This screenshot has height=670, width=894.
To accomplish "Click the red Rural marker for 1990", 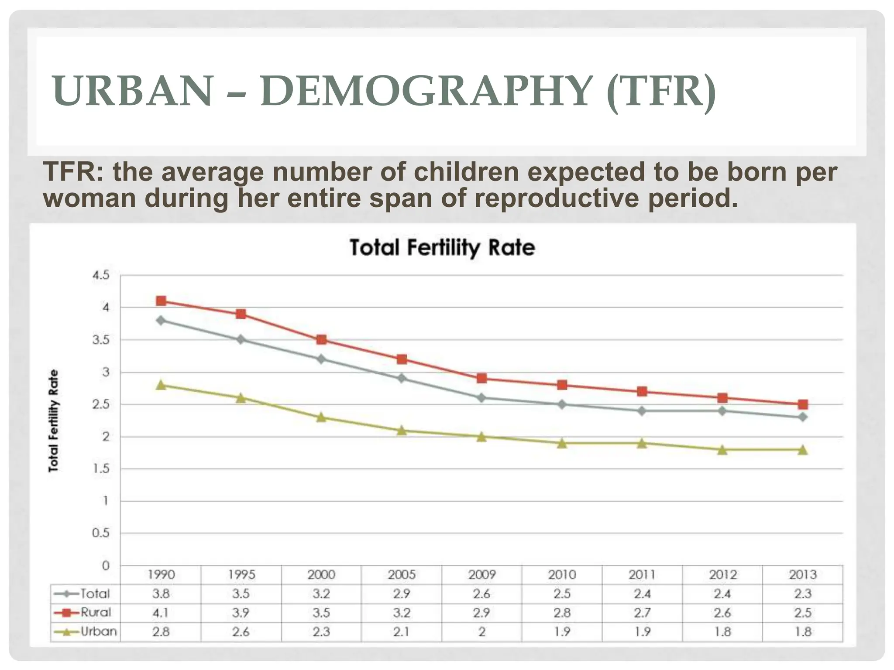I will [x=161, y=301].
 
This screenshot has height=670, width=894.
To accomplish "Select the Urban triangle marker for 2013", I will [x=802, y=450].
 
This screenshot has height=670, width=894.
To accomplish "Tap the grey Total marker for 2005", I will [x=402, y=378].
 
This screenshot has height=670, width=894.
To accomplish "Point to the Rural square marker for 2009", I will [x=482, y=378].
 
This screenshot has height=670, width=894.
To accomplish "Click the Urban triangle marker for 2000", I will [x=321, y=417].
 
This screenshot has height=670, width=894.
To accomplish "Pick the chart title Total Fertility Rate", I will [x=442, y=248].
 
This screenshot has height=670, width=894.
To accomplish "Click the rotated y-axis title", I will [x=53, y=420].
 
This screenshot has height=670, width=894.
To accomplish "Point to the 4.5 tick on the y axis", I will [x=100, y=275].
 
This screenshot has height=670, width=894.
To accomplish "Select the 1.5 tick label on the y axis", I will [x=100, y=469].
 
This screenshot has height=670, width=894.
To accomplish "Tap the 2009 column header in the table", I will [x=482, y=574].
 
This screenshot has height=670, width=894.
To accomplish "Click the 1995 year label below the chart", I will [x=241, y=574].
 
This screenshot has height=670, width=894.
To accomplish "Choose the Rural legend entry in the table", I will [x=86, y=612].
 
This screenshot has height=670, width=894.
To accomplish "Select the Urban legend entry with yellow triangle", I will [x=86, y=632].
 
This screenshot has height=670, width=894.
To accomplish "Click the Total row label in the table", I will [x=94, y=594].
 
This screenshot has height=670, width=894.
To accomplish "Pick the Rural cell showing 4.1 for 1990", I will [x=161, y=613].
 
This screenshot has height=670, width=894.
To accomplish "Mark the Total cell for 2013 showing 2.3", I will [x=802, y=594].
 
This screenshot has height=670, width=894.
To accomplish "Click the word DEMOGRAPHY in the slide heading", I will [x=425, y=91].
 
